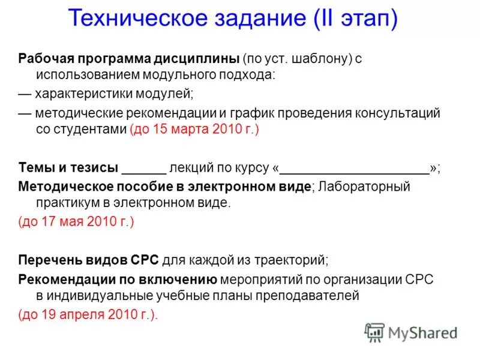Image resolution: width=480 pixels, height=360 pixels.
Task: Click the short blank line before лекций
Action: tap(143, 170)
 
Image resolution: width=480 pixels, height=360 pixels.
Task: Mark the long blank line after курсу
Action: tap(355, 170)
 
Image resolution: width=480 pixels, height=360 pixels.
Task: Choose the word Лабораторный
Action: tap(364, 186)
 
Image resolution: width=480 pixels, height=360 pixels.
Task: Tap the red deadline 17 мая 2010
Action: tap(76, 221)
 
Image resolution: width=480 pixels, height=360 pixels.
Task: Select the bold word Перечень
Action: tap(48, 260)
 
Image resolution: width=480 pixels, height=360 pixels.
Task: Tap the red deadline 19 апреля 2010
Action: tap(88, 314)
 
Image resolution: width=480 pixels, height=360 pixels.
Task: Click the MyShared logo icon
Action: tap(374, 332)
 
